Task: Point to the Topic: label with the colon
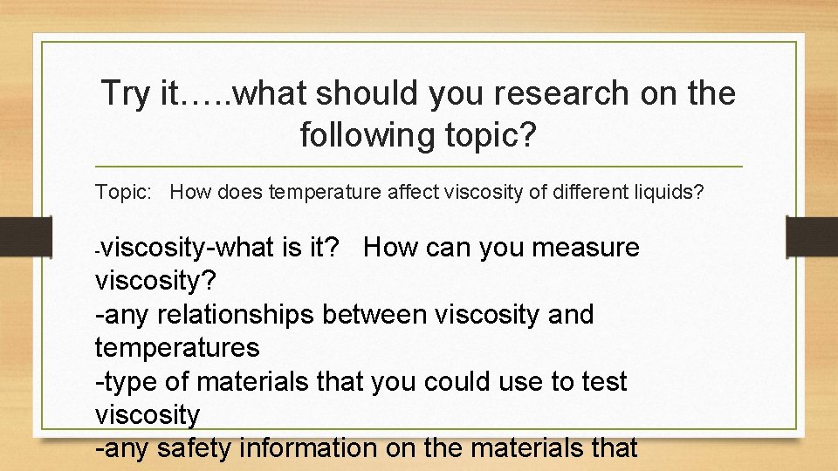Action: click(124, 192)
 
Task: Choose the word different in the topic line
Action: click(586, 192)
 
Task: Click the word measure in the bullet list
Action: click(586, 248)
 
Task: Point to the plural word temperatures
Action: click(177, 348)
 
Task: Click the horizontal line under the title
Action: click(419, 167)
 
